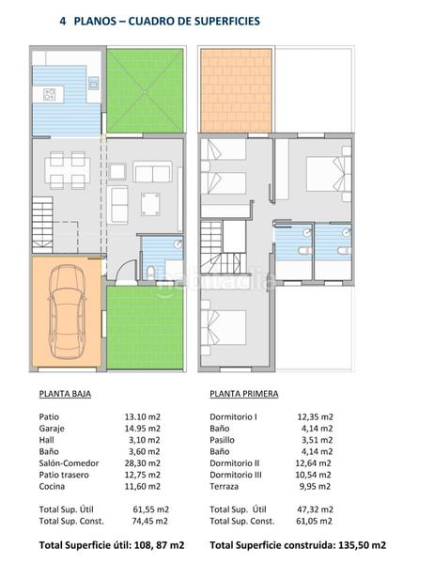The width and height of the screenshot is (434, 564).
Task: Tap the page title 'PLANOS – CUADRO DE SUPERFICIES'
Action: [172, 20]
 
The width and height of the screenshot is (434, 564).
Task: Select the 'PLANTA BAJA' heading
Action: [65, 395]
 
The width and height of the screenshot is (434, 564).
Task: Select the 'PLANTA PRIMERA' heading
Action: [244, 395]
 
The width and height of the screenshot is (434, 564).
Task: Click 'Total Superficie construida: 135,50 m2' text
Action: [298, 544]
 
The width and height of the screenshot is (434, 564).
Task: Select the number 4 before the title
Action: [62, 20]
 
